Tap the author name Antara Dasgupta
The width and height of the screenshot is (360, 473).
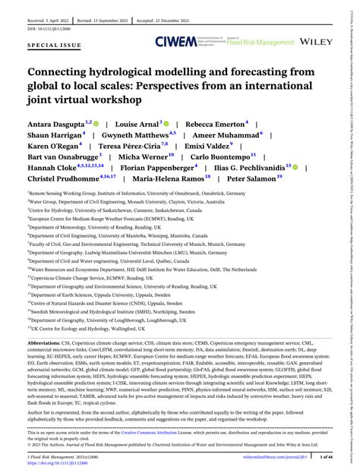[x=55, y=122]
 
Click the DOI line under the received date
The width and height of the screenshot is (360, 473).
[x=52, y=20]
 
